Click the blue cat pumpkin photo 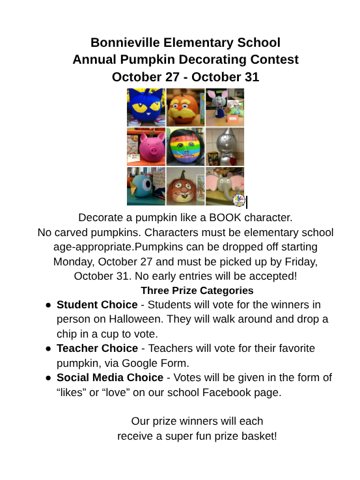click(x=146, y=107)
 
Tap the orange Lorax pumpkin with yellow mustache click(x=186, y=107)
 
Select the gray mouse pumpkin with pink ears click(x=225, y=107)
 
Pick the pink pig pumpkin click(x=146, y=146)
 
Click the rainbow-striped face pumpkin click(x=186, y=146)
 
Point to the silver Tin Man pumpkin click(x=225, y=146)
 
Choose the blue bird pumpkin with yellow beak click(x=146, y=186)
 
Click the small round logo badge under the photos click(x=239, y=200)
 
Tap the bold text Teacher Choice click(x=97, y=349)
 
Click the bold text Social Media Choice click(x=110, y=378)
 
